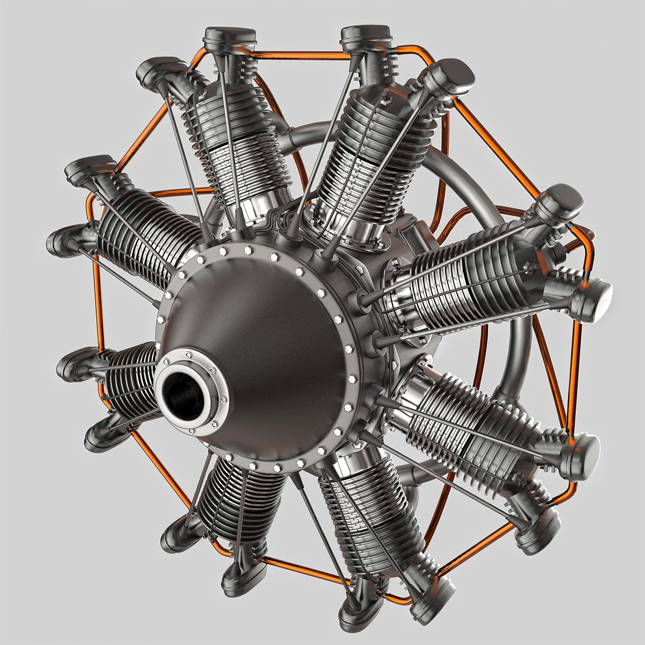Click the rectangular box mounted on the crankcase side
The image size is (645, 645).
417,237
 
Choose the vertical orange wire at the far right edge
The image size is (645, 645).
575,365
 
